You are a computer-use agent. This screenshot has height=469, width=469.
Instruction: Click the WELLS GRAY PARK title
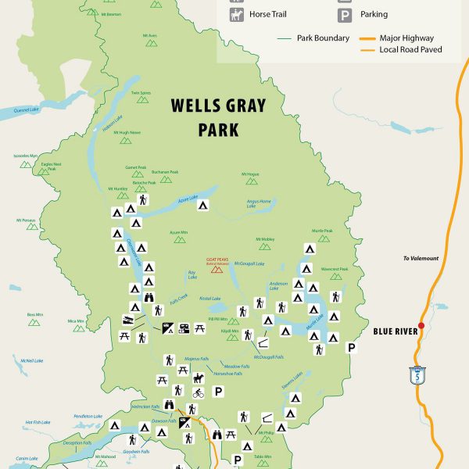point(218,116)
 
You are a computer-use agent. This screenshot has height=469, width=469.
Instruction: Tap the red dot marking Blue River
point(421,325)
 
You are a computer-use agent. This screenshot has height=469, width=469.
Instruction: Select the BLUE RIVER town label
point(395,331)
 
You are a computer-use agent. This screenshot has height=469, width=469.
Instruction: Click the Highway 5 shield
point(416,374)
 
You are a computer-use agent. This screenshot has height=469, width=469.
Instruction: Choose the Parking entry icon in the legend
point(344,14)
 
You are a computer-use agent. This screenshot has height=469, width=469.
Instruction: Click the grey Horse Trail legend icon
point(237,14)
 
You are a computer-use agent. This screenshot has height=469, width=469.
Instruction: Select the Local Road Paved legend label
point(410,49)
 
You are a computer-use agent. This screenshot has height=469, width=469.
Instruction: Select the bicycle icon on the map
point(199,393)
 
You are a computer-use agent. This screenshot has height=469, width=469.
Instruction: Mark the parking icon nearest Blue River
point(352,347)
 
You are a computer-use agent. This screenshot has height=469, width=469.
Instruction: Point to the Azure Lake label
point(189,199)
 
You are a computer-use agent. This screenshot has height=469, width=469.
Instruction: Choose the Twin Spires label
point(141,93)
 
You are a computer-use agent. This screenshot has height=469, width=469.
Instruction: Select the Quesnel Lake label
point(26,109)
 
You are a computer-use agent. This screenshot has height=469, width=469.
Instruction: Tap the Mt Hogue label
point(249,174)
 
